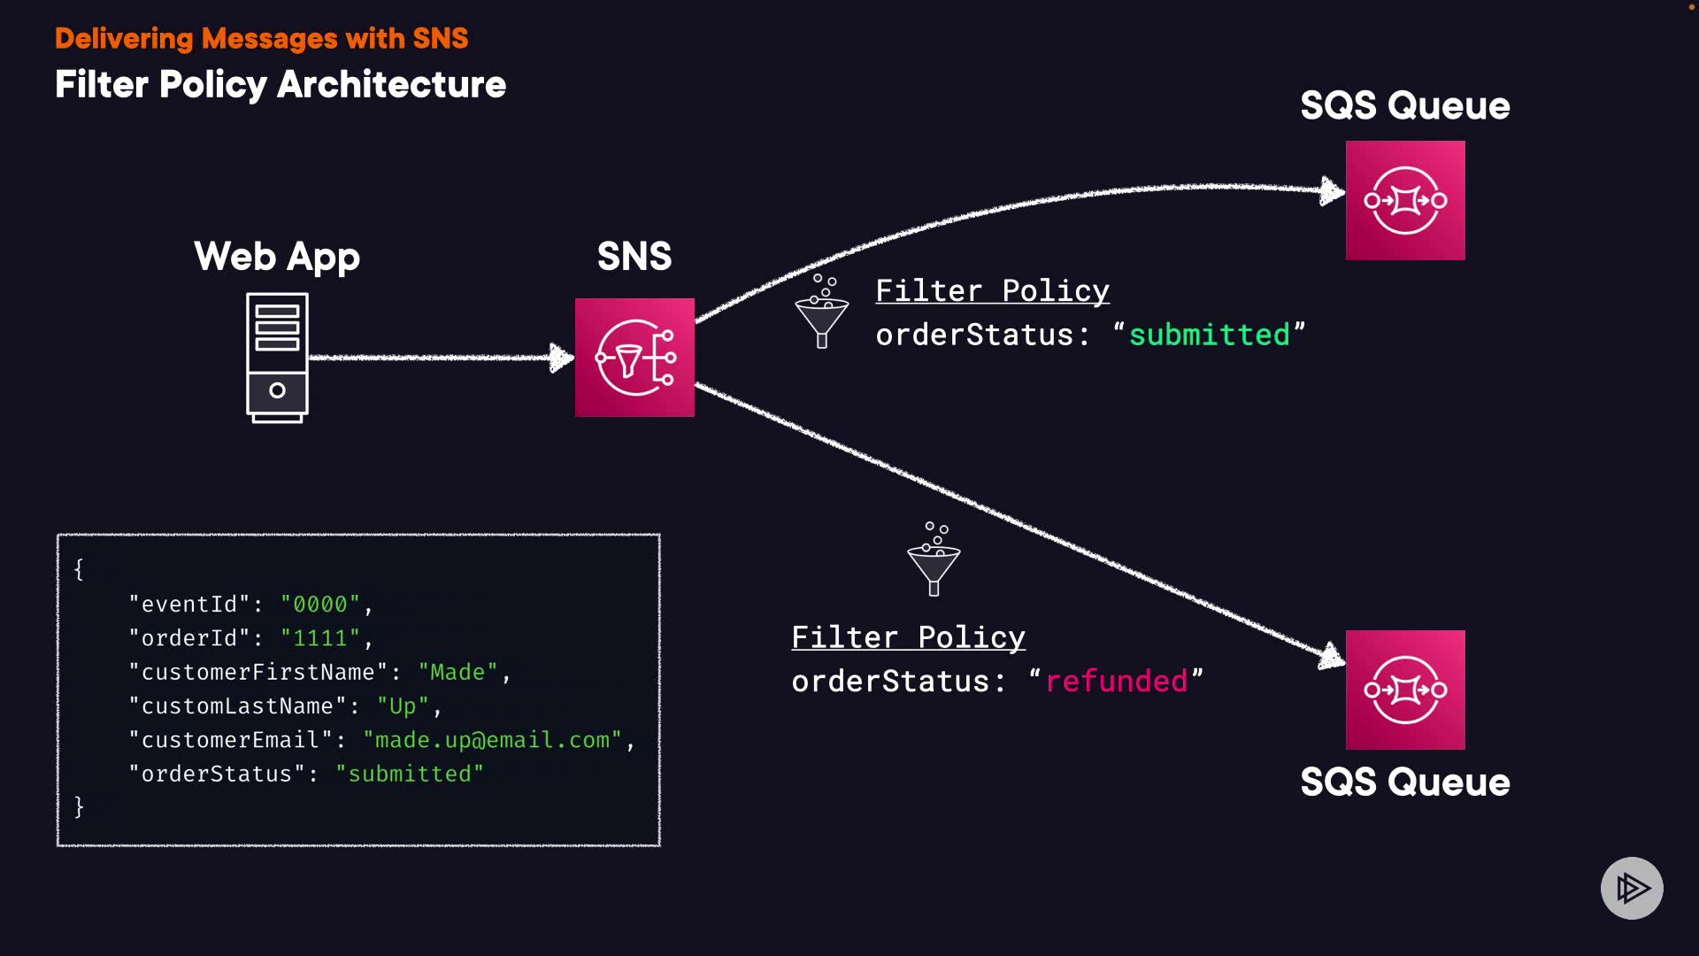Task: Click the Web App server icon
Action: (x=277, y=358)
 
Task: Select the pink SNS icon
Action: (x=634, y=358)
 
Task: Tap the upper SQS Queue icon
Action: (x=1405, y=201)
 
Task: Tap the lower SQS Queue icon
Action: (x=1405, y=690)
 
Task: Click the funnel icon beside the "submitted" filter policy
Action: (x=822, y=312)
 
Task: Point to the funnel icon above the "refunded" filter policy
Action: (x=934, y=560)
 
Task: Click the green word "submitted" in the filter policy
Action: (x=1209, y=335)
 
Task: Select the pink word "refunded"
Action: (x=1117, y=682)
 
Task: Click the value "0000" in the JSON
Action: (x=320, y=605)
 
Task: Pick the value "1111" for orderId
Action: (x=320, y=638)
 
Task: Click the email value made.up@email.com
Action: (x=493, y=740)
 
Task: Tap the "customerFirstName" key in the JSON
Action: (x=258, y=673)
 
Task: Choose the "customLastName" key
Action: (x=237, y=706)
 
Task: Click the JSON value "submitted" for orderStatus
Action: (x=410, y=775)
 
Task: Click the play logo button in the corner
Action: (x=1632, y=888)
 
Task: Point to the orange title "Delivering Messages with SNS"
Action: (x=261, y=38)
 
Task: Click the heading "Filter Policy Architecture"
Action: (x=281, y=85)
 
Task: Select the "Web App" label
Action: (x=277, y=257)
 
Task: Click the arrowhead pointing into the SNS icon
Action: (x=561, y=358)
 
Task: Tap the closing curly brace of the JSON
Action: (x=79, y=806)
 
